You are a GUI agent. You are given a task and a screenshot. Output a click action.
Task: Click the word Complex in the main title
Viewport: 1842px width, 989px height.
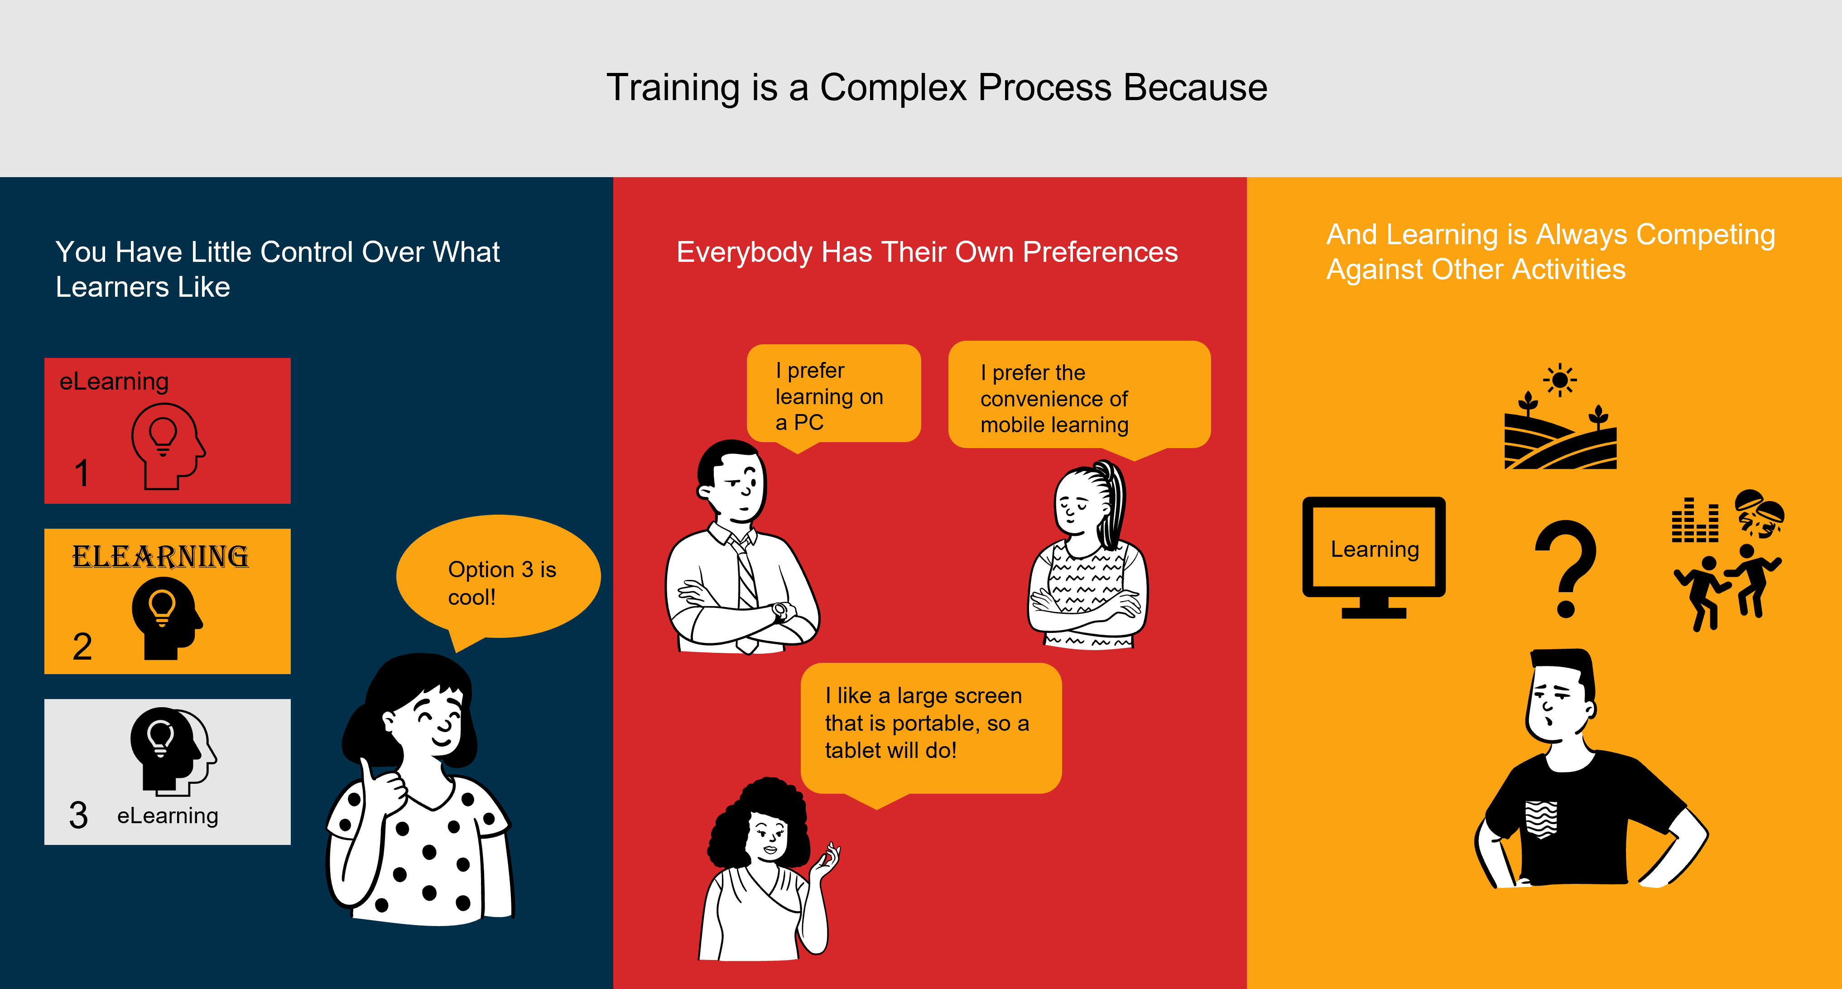[894, 88]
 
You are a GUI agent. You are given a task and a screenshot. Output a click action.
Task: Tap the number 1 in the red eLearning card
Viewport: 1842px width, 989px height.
[82, 473]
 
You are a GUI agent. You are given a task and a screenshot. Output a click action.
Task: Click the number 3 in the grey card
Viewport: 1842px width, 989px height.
[79, 815]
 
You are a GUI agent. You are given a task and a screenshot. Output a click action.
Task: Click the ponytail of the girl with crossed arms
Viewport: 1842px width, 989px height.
[1112, 501]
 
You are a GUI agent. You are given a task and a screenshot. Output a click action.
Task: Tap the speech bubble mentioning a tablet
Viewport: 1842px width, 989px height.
[929, 724]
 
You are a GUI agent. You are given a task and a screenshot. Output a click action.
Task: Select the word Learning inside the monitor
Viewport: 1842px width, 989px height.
[1374, 549]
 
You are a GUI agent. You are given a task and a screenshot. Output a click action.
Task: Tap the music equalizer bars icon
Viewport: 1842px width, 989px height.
[1695, 521]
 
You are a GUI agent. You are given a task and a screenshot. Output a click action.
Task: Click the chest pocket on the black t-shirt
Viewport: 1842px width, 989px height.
[1541, 819]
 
